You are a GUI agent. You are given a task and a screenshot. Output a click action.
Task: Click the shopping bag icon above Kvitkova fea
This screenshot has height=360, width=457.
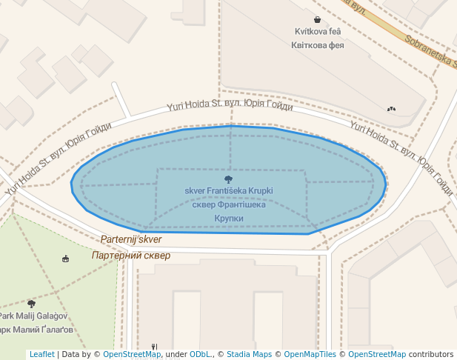point(317,20)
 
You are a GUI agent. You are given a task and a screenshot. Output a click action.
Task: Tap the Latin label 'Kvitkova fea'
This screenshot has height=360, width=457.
point(318,33)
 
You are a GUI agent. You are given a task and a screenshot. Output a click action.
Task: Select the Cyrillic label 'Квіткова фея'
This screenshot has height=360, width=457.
point(318,45)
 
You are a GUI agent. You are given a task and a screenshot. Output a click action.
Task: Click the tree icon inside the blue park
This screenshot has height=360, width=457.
point(228,179)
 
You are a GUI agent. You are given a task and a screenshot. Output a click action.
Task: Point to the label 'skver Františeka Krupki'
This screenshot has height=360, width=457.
point(229,191)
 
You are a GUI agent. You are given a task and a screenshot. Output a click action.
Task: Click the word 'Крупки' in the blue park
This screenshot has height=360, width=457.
point(229,219)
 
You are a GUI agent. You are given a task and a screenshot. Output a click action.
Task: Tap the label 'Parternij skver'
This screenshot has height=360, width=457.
point(131,240)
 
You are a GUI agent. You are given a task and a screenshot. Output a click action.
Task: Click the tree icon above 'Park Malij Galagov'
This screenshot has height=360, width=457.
point(31,304)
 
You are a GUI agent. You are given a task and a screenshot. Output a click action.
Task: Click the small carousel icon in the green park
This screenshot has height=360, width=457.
point(66,259)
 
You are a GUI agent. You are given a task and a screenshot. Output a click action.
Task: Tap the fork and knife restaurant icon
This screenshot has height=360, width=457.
point(154,346)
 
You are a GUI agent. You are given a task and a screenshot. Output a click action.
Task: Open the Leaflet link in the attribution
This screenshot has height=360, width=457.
point(41,355)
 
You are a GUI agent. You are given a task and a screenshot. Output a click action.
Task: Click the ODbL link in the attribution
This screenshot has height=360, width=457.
point(201,355)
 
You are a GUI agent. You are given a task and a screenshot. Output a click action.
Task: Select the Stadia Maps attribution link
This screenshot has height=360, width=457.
point(249,355)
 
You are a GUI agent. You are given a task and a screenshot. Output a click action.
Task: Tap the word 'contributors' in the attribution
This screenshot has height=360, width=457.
point(430,355)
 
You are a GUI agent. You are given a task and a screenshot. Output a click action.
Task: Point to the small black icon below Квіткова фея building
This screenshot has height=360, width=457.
point(391,109)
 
